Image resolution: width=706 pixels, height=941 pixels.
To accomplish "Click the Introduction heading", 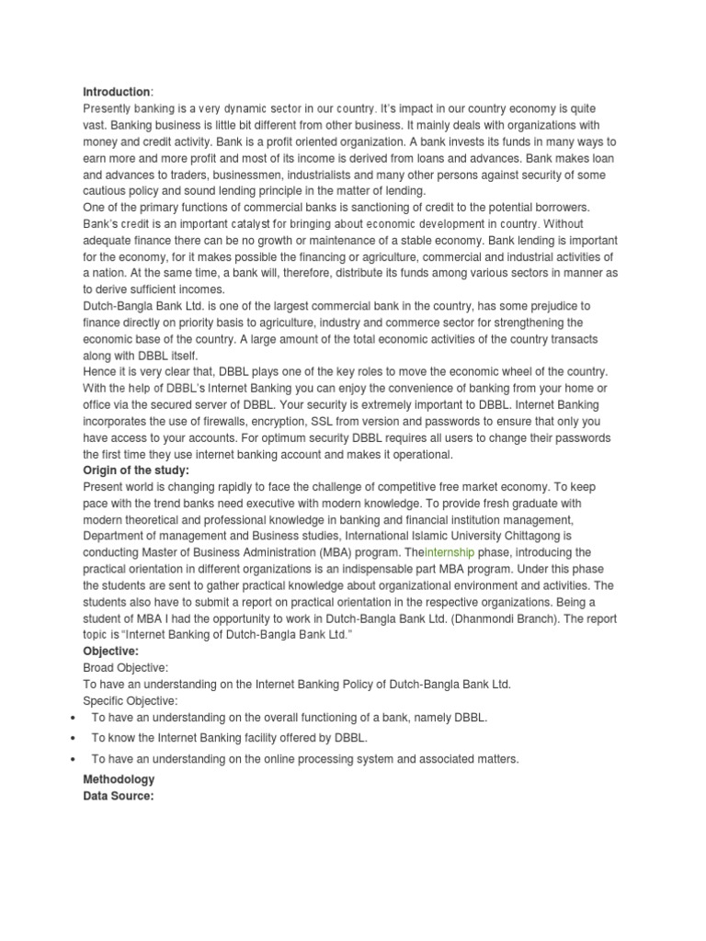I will (117, 92).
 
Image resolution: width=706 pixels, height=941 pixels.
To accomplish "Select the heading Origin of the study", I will (136, 470).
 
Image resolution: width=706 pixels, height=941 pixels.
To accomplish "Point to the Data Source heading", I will (118, 796).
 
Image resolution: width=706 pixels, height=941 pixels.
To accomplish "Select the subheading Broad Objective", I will (126, 668).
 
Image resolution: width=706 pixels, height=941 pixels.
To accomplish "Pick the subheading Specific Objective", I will (131, 701).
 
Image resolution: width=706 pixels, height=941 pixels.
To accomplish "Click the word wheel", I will (520, 371).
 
